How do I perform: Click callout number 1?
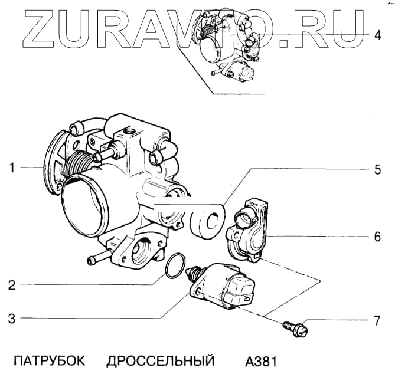(11, 168)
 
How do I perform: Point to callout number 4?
(378, 34)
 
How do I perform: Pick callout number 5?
(378, 170)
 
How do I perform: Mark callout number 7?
(378, 321)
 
